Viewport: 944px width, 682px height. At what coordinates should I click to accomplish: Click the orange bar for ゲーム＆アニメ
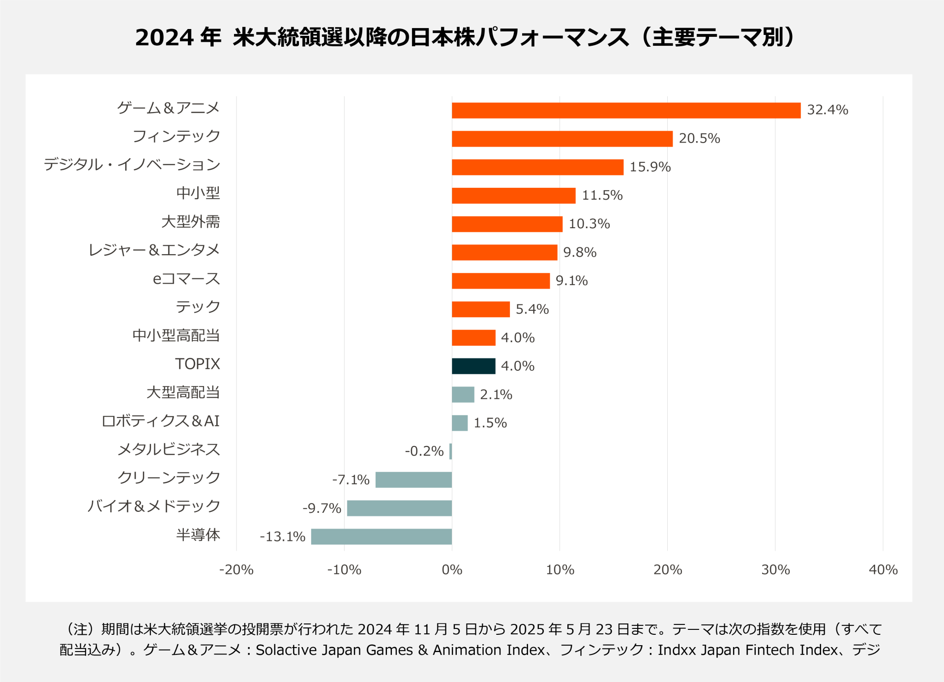tap(626, 110)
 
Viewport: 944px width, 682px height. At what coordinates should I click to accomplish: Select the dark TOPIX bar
tap(473, 366)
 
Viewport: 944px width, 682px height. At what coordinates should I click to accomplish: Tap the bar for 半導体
tap(382, 536)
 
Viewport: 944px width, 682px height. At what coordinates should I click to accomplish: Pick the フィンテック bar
tap(562, 139)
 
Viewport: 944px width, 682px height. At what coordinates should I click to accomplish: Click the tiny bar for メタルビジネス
tap(450, 451)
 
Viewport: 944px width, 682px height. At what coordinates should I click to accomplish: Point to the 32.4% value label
tap(827, 110)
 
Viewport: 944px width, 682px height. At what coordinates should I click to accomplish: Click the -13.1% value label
tap(283, 536)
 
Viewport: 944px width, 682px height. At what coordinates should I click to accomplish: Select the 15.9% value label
tap(650, 167)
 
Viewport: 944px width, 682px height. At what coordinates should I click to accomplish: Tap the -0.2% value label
tap(424, 451)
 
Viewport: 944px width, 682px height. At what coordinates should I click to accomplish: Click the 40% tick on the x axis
tap(883, 569)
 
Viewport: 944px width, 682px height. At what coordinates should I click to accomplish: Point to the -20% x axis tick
tap(236, 569)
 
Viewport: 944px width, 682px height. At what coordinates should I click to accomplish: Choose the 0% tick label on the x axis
tap(452, 569)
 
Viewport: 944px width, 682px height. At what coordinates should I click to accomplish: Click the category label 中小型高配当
tap(176, 335)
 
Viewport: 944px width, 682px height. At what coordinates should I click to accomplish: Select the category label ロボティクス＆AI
tap(160, 421)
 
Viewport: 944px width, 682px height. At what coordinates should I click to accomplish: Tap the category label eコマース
tap(186, 279)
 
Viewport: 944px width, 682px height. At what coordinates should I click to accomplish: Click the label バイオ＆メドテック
tap(153, 506)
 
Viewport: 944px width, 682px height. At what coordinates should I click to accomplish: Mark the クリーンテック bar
tap(413, 479)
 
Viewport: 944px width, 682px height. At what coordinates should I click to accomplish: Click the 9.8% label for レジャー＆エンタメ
tap(580, 252)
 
